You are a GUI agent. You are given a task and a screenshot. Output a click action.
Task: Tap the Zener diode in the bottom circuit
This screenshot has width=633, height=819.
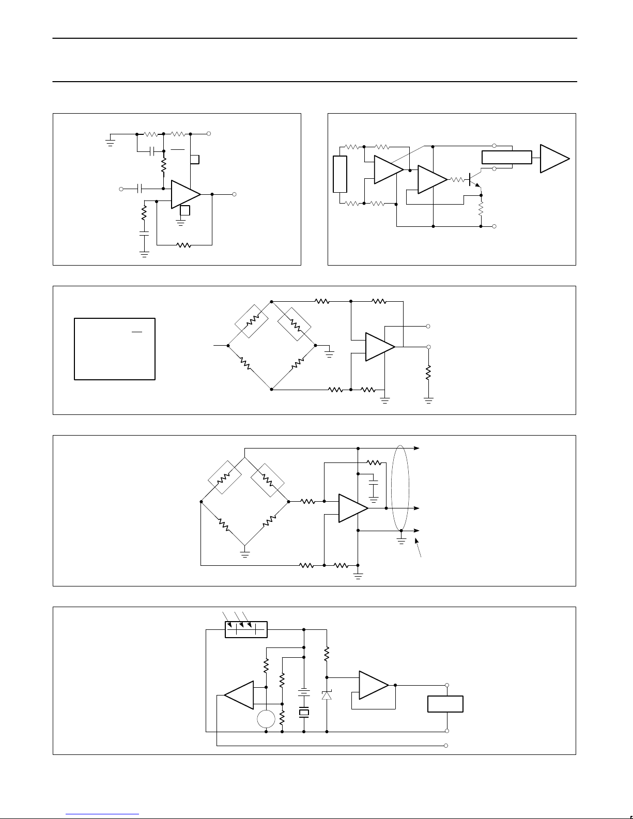327,695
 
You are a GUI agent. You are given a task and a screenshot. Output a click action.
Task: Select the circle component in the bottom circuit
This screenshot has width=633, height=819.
266,719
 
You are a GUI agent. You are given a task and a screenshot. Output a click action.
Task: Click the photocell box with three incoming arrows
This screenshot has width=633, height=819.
246,629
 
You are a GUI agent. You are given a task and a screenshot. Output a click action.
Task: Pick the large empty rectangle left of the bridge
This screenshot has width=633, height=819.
115,349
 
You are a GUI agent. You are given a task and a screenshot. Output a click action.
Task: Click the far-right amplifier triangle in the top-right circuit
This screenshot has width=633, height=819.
554,159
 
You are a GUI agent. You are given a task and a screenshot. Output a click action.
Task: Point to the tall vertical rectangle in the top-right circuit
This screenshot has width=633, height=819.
339,174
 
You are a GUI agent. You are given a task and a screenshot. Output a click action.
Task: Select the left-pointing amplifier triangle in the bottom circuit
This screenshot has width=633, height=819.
240,695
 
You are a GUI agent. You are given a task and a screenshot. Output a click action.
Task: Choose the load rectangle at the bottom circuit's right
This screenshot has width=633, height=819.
445,704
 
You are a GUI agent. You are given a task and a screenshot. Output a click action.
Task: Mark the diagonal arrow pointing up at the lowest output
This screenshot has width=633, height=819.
420,547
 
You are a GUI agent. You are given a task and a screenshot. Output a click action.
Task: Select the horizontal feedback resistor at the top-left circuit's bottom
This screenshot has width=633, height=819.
184,245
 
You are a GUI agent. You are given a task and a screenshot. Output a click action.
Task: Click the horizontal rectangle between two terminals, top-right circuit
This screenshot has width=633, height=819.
506,157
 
